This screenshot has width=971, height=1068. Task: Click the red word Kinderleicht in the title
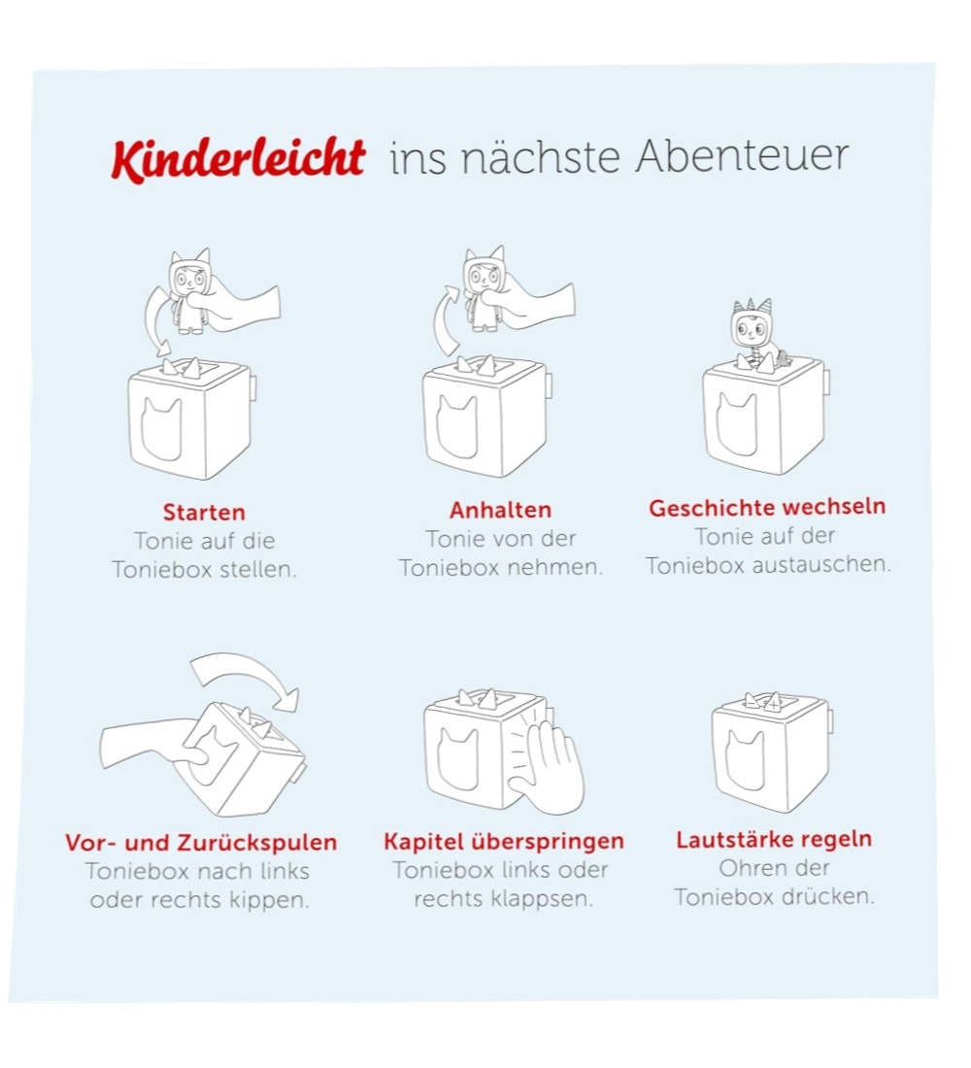point(238,159)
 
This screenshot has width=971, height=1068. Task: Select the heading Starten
point(204,513)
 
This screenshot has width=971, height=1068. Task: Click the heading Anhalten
point(500,510)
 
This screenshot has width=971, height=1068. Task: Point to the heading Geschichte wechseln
point(767,508)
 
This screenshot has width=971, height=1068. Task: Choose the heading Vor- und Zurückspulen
point(201,843)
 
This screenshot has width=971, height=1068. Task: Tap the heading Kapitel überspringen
point(504,841)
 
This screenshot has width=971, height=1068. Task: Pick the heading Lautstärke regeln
point(773,839)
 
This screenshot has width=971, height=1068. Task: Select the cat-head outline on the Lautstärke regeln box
point(745,760)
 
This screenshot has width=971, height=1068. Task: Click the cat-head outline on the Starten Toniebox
point(161,430)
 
